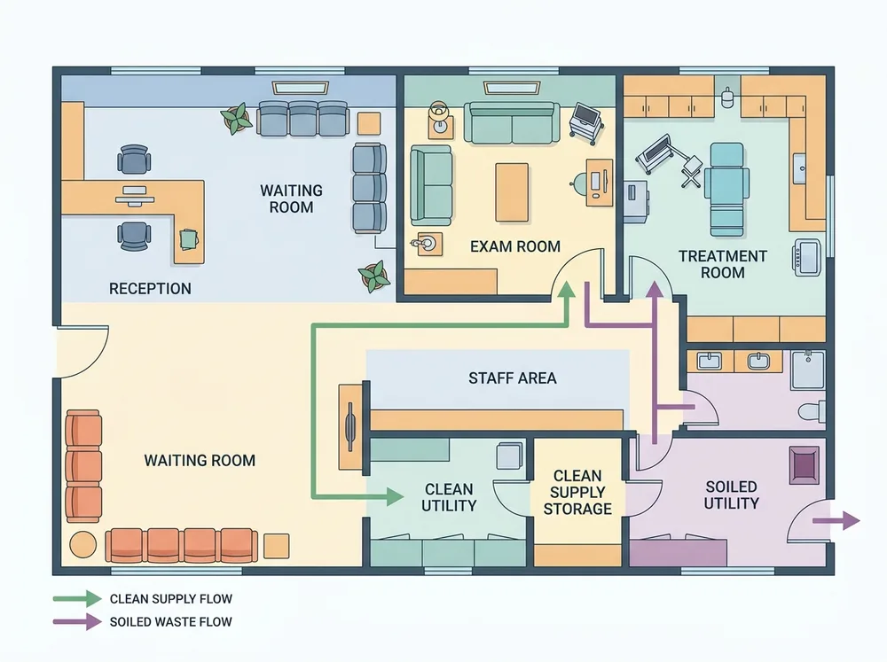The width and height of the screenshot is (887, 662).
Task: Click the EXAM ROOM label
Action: [x=515, y=246]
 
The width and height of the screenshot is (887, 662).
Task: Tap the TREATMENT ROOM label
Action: [x=722, y=264]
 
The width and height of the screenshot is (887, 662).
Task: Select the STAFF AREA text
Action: [x=513, y=378]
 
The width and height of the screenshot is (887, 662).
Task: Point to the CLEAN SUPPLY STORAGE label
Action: [x=577, y=493]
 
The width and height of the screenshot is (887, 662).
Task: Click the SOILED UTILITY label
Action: [x=731, y=495]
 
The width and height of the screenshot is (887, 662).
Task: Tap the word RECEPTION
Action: [x=150, y=289]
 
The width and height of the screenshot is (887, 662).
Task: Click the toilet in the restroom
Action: [x=812, y=411]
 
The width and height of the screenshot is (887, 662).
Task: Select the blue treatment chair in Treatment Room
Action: [x=727, y=189]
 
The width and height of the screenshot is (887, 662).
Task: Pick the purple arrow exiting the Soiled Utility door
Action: [x=836, y=520]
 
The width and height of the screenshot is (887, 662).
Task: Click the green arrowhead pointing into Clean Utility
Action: [x=396, y=497]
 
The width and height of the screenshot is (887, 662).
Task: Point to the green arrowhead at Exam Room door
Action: [x=566, y=290]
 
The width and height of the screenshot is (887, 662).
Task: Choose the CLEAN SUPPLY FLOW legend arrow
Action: [x=77, y=599]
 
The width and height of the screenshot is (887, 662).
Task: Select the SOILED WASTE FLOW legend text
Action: [x=171, y=622]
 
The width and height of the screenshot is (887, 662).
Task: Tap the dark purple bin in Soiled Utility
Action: [x=805, y=465]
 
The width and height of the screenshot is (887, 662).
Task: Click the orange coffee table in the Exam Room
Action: [x=512, y=192]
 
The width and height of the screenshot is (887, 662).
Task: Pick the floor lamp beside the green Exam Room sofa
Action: [x=439, y=116]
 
